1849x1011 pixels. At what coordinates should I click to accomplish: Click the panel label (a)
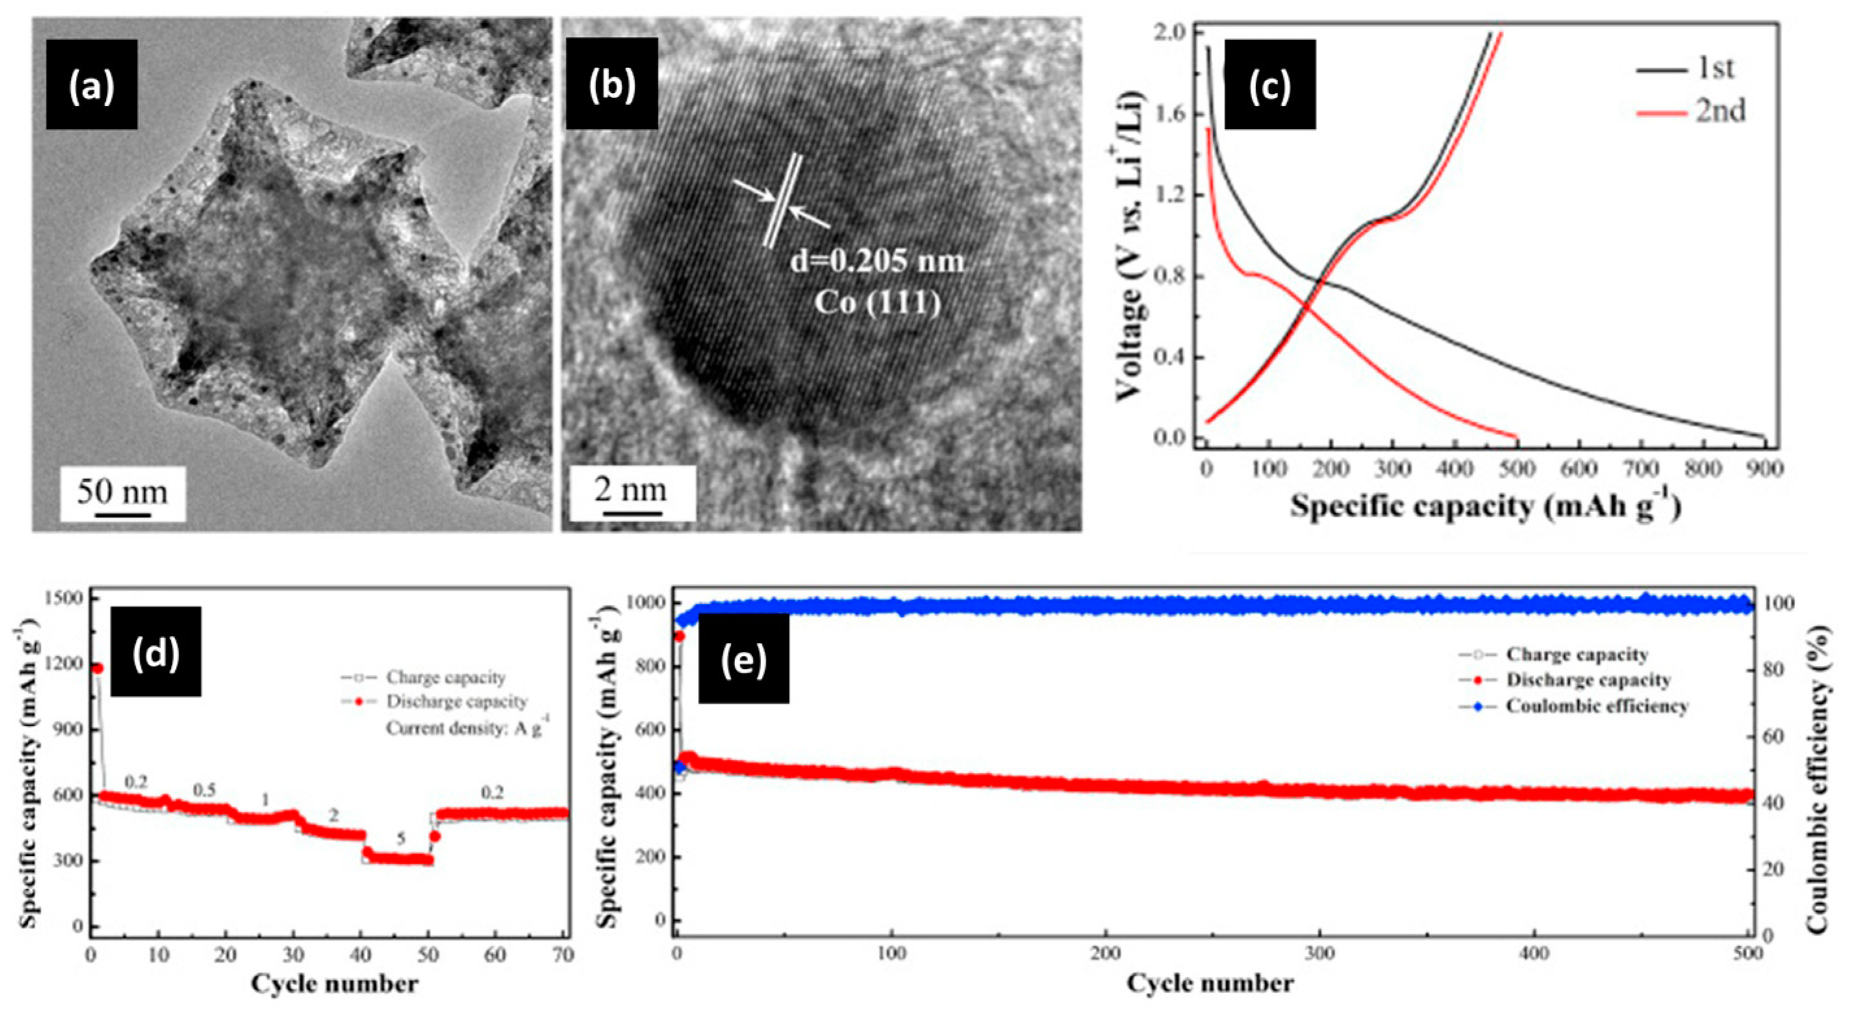tap(91, 84)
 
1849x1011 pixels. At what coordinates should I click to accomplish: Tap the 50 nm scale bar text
tap(122, 492)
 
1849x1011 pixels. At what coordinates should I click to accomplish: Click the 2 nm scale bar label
tap(630, 490)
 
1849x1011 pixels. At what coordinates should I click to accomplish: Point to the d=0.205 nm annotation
tap(877, 261)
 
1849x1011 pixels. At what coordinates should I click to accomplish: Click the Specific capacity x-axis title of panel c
tap(1486, 506)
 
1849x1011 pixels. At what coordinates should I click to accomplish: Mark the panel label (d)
tap(156, 651)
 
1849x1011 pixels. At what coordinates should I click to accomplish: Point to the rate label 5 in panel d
tap(401, 839)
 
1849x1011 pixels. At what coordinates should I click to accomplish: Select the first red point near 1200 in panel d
tap(97, 668)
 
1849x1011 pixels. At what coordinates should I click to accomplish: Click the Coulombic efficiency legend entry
tap(1596, 706)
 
